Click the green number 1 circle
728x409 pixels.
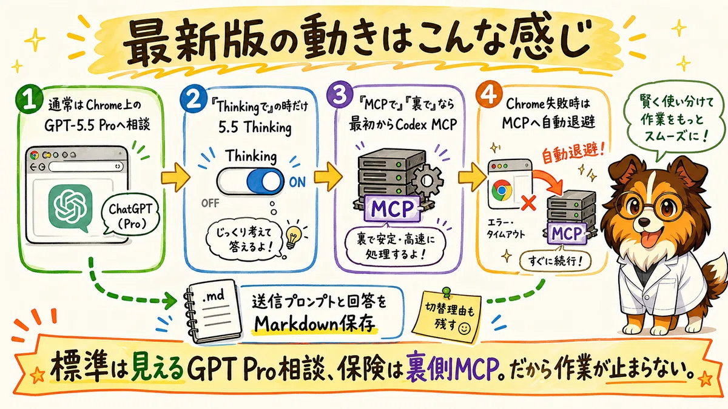29,99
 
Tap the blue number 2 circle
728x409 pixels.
193,98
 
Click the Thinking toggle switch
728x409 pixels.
250,181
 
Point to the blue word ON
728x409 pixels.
297,183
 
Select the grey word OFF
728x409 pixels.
211,204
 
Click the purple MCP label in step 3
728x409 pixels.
393,208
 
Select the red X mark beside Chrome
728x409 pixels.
529,204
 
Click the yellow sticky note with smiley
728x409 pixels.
450,316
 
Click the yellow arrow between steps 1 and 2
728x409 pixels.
175,177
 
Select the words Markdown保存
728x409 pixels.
315,323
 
